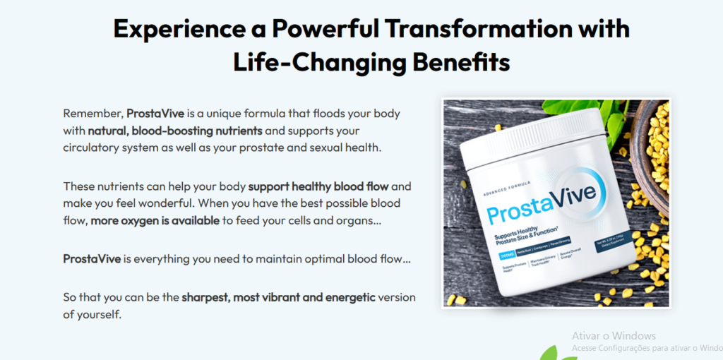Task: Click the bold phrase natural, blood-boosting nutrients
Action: (x=175, y=131)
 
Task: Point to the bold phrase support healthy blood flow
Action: (x=319, y=186)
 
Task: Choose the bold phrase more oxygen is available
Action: (x=155, y=220)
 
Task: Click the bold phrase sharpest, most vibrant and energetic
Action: (x=278, y=296)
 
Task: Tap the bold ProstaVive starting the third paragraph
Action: (x=92, y=259)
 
